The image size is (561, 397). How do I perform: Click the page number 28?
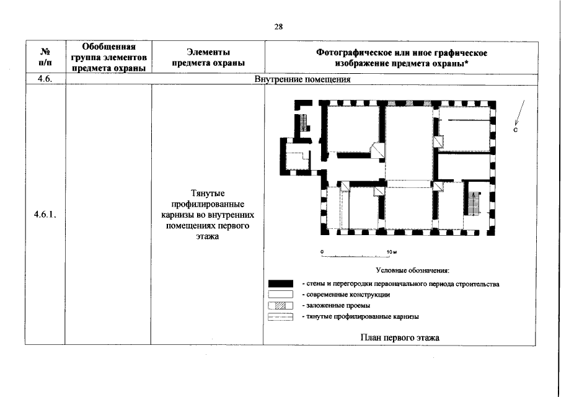tap(279, 26)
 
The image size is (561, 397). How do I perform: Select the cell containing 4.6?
tap(44, 79)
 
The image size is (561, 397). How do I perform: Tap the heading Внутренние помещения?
tap(303, 80)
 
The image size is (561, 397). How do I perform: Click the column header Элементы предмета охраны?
tap(208, 58)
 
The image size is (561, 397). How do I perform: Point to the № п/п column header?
tap(45, 58)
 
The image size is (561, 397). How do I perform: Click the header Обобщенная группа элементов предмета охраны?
tap(108, 58)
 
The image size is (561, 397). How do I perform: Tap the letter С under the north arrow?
tap(515, 131)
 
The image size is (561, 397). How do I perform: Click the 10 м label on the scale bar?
tap(391, 251)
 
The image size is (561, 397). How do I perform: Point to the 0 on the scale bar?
tap(322, 251)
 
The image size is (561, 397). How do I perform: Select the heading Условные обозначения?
tap(412, 270)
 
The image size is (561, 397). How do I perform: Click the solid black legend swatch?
tap(280, 284)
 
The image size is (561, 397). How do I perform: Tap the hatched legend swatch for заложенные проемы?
tap(280, 305)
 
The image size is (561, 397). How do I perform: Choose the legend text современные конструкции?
tap(345, 295)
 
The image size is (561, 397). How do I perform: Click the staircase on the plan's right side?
tap(475, 203)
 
